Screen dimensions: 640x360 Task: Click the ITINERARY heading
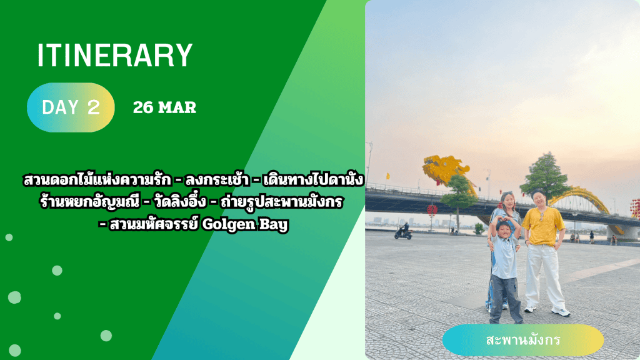[x=115, y=55]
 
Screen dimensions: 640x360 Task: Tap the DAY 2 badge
[x=71, y=107]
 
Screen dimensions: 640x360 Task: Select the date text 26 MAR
[x=164, y=107]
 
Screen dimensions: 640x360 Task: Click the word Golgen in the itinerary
[x=226, y=225]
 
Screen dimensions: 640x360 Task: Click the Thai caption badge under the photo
[x=523, y=339]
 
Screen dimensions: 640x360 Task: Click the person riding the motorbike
[x=404, y=231]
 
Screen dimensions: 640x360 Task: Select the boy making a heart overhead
[x=505, y=269]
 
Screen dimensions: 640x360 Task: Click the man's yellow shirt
[x=543, y=226]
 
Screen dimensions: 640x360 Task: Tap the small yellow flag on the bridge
[x=387, y=176]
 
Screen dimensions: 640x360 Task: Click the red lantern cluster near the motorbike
[x=432, y=210]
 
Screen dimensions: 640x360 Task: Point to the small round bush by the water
[x=479, y=229]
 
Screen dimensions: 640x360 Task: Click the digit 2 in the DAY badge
[x=94, y=107]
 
